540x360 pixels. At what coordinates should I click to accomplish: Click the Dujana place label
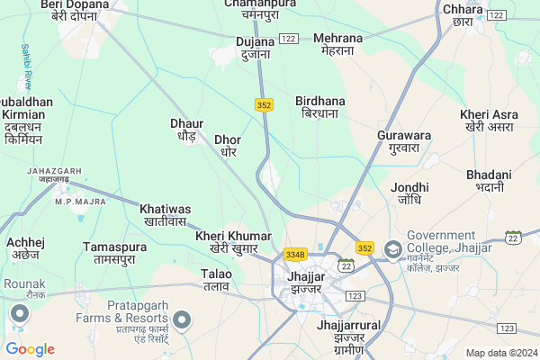click(x=255, y=48)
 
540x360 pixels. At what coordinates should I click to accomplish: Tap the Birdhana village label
click(x=319, y=108)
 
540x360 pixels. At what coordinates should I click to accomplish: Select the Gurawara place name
click(x=404, y=141)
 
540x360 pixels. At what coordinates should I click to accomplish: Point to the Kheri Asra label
click(x=489, y=121)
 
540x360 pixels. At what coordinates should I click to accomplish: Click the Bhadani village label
click(x=489, y=180)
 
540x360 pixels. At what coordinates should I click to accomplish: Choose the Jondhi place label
click(x=410, y=193)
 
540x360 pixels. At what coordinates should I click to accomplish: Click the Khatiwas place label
click(x=165, y=214)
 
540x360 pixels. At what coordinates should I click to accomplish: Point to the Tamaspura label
click(x=114, y=252)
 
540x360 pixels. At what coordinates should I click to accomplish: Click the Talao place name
click(x=216, y=279)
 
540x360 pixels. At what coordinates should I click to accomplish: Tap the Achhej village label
click(x=25, y=248)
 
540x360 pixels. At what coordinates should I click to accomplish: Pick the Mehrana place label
click(x=338, y=44)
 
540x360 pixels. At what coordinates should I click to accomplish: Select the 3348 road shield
click(x=295, y=255)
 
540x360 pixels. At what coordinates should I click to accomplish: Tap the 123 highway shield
click(x=353, y=295)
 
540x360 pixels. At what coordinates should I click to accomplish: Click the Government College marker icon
click(x=393, y=248)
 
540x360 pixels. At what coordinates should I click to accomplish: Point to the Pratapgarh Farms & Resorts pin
click(x=183, y=319)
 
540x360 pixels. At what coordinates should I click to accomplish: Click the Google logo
click(x=31, y=349)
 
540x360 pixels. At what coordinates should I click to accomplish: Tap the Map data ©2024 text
click(x=499, y=353)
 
